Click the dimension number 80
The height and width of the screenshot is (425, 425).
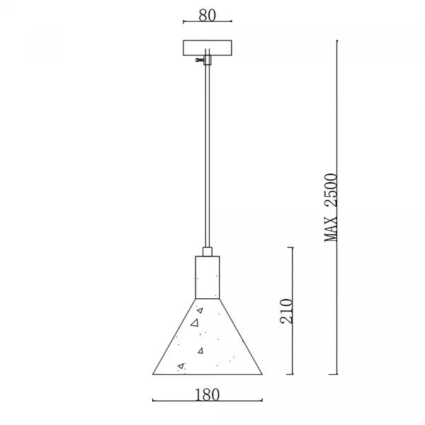[x=208, y=15]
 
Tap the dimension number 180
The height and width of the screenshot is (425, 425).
[x=208, y=395]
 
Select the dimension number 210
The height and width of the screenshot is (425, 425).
[x=286, y=311]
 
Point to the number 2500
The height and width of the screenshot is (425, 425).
[x=331, y=190]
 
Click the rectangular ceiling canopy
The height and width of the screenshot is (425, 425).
[x=208, y=48]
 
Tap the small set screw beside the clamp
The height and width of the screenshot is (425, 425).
[x=200, y=60]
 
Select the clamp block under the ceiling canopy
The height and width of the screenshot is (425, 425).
[x=208, y=60]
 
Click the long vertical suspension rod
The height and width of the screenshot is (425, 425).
[x=208, y=156]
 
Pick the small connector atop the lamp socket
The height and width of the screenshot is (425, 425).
[x=208, y=251]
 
